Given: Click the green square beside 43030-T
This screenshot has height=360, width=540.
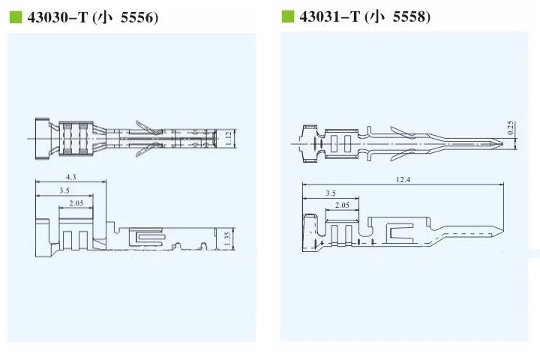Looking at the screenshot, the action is click(16, 17).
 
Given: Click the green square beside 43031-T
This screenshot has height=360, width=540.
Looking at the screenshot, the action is click(288, 16).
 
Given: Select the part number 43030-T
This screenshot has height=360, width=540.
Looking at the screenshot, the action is click(58, 17).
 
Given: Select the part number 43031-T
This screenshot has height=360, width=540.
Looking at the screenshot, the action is click(330, 17).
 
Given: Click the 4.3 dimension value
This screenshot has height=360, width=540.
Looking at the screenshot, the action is click(71, 177).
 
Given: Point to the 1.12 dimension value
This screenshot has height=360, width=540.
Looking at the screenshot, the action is click(228, 139).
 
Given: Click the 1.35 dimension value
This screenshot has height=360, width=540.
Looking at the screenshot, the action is click(227, 239).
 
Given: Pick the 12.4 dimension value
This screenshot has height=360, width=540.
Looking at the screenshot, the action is click(403, 180).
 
